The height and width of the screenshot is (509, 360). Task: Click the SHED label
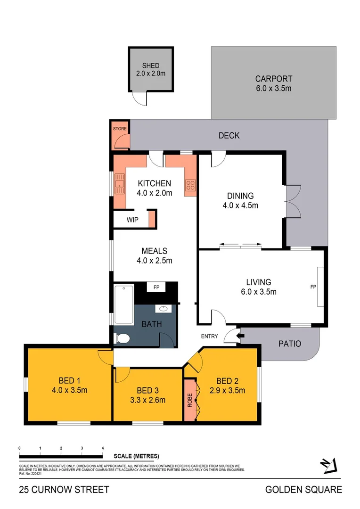151,66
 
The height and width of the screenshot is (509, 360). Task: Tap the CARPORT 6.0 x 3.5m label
273,79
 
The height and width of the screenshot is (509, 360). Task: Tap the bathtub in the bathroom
123,304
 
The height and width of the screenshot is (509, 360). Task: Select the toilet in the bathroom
123,337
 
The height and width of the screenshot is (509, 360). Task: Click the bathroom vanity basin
163,309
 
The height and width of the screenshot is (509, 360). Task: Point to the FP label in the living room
312,287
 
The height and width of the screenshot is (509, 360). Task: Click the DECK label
229,136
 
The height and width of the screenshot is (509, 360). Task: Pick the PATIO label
289,344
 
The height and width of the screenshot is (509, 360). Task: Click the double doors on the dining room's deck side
293,201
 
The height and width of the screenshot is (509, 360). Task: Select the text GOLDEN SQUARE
303,490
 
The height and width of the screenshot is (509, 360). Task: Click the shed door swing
139,98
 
